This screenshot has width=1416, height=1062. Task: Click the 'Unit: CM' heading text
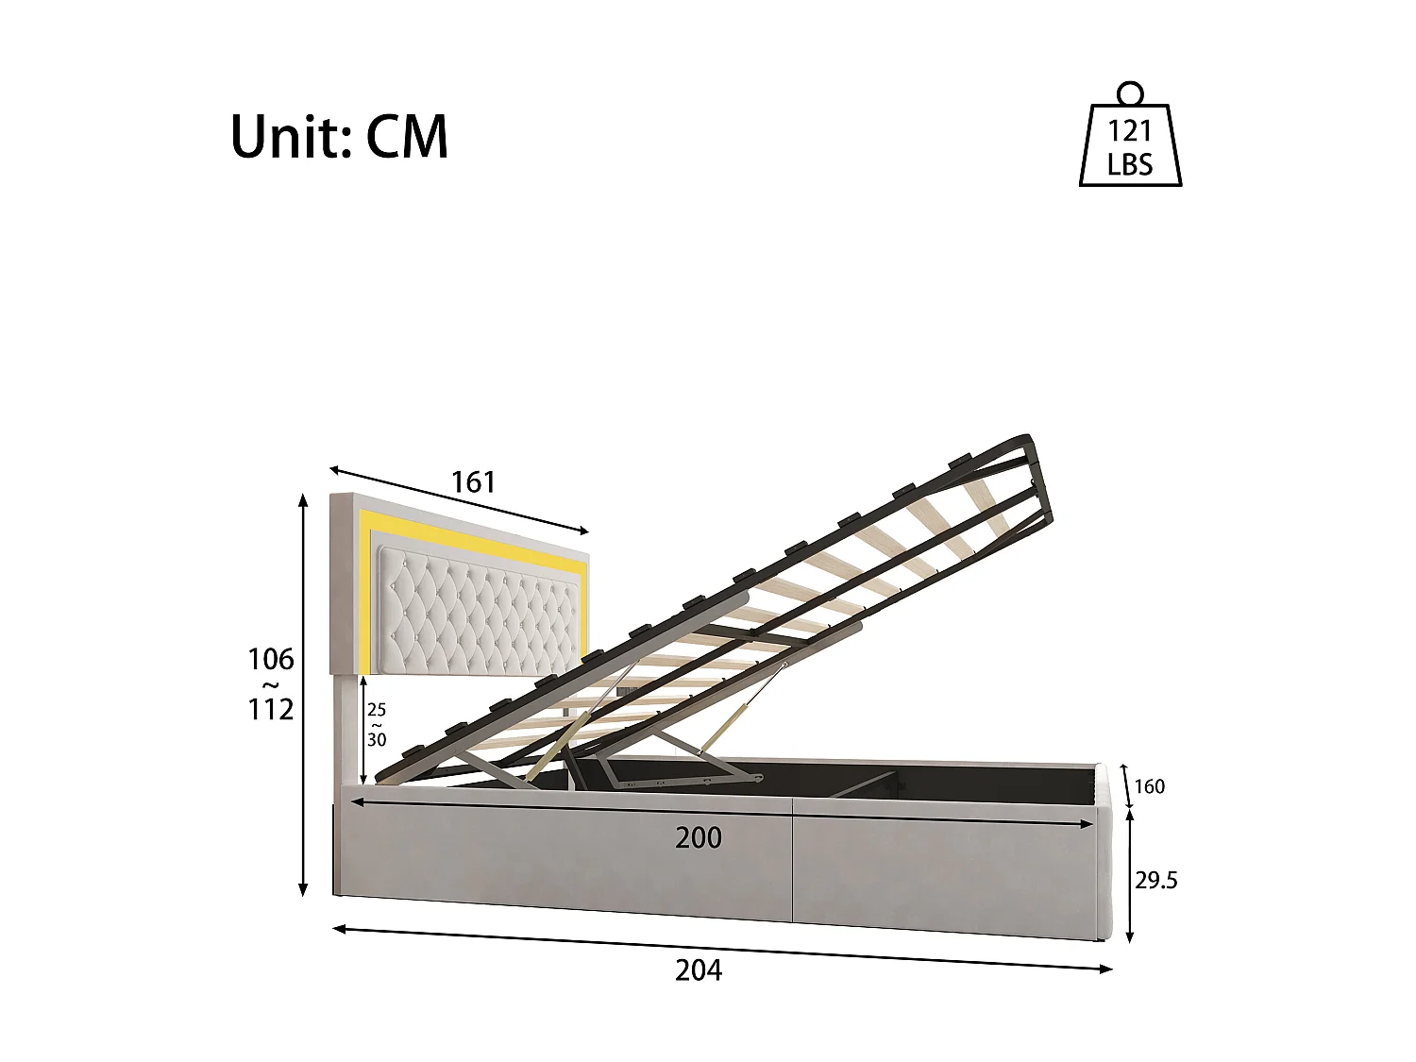pyautogui.click(x=339, y=137)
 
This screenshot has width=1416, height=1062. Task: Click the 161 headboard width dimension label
pyautogui.click(x=473, y=482)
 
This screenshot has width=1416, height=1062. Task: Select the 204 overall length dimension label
pyautogui.click(x=699, y=969)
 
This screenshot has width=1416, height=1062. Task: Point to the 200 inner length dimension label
pyautogui.click(x=699, y=837)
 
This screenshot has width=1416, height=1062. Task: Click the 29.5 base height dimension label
pyautogui.click(x=1156, y=881)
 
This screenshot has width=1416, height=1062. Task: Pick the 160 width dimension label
pyautogui.click(x=1149, y=786)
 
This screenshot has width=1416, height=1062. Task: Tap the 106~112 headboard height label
pyautogui.click(x=271, y=683)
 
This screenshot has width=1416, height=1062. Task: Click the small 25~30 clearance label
pyautogui.click(x=377, y=725)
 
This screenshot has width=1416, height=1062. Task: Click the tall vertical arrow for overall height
pyautogui.click(x=303, y=694)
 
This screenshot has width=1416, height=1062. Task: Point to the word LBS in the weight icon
pyautogui.click(x=1130, y=165)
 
